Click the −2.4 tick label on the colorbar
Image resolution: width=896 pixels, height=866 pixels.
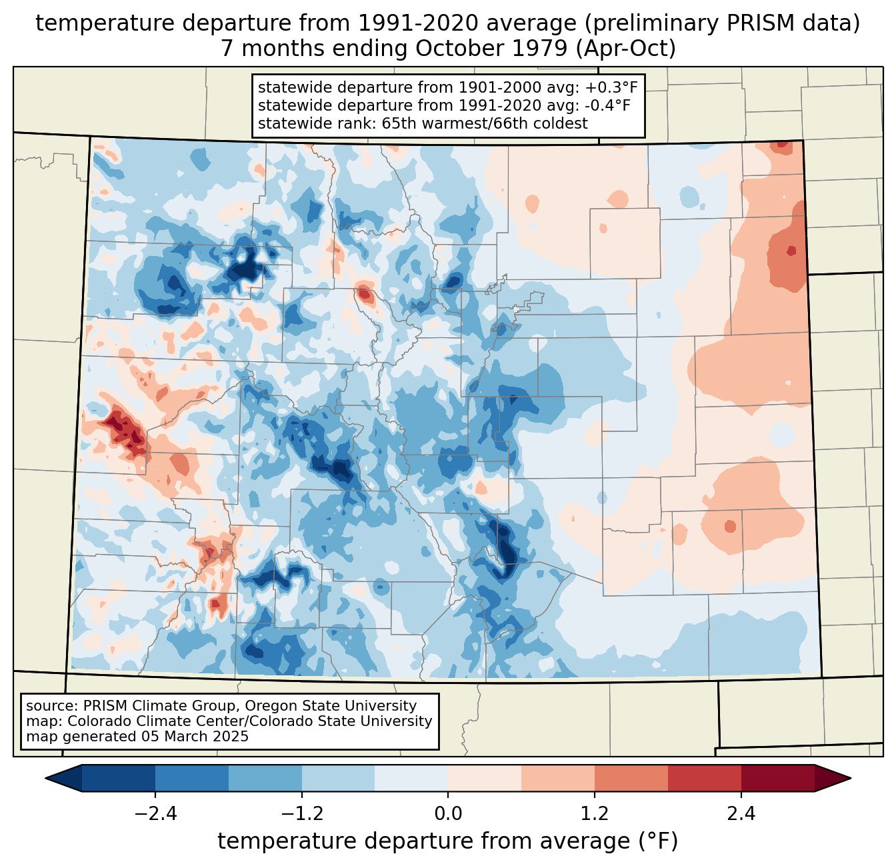coord(155,814)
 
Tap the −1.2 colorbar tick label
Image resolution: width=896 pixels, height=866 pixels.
coord(301,814)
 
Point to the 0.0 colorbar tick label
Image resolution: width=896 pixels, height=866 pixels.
coord(448,814)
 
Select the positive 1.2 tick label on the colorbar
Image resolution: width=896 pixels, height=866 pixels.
coord(595,814)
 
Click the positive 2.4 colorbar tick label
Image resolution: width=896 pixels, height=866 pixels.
coord(741,814)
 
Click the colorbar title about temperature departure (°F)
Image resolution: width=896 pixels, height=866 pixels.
coord(448,841)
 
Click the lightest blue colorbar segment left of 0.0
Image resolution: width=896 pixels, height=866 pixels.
coord(411,778)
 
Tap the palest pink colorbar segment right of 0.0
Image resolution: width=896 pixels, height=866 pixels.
coord(485,778)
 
